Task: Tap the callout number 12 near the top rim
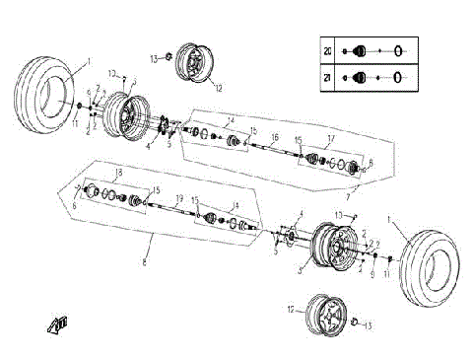[219, 88]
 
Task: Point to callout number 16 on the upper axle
[275, 137]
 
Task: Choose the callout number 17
[331, 138]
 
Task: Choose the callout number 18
[119, 173]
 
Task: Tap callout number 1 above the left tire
[88, 61]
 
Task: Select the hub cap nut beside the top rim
[169, 58]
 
